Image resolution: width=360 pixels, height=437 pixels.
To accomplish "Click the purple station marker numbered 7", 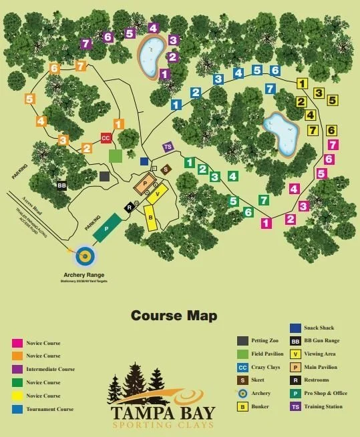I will [x=85, y=44].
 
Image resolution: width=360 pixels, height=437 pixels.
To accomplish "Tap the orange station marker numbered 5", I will [x=30, y=99].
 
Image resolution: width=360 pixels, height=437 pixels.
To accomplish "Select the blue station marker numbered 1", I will [x=176, y=105].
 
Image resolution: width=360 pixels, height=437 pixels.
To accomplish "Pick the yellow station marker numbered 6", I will [x=331, y=131].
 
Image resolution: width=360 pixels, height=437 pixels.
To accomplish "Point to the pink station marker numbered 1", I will [x=266, y=224].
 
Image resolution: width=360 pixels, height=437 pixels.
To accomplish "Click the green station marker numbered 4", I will [x=232, y=176].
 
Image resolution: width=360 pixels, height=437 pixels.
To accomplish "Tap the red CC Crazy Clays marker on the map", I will [x=106, y=138].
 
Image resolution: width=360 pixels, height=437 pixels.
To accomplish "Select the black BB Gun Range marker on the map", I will [x=61, y=185].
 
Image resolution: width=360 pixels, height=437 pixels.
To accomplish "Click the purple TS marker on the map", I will [x=168, y=147].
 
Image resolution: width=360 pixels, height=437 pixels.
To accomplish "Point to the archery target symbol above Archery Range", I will [x=85, y=256].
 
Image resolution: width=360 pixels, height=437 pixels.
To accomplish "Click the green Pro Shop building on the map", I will [x=107, y=228].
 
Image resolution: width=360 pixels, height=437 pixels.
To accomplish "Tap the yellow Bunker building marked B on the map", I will [x=151, y=217].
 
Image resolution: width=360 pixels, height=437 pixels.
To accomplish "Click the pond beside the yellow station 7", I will [x=281, y=134].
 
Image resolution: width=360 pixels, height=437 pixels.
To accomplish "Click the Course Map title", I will [x=174, y=316].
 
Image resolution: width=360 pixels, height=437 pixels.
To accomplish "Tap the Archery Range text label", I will [x=85, y=275].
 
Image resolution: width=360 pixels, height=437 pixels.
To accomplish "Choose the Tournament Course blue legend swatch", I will [x=17, y=409].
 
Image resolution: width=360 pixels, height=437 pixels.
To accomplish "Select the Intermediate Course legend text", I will [x=50, y=369].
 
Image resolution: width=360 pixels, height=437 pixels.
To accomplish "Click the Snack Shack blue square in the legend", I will [x=295, y=328].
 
